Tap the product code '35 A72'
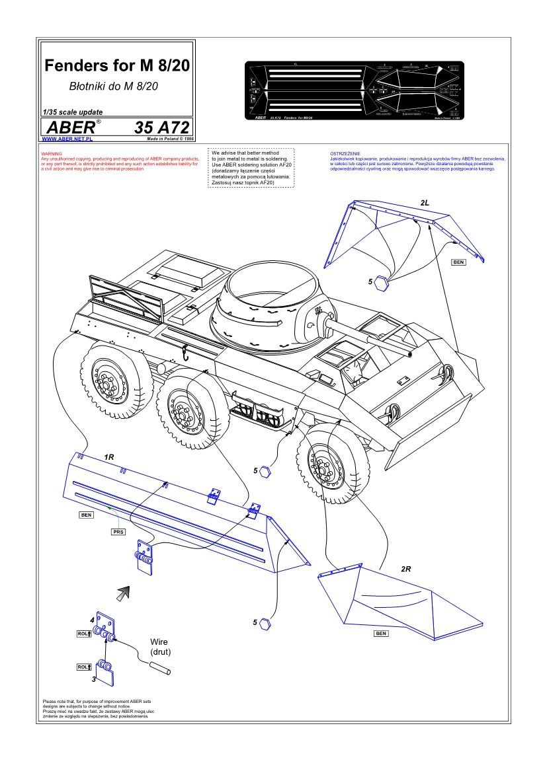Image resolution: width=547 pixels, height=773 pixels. coord(161,128)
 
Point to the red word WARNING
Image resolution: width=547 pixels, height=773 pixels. coord(52,154)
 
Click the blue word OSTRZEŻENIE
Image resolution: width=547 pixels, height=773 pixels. coord(346,154)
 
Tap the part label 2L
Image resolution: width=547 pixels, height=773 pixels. coord(424,202)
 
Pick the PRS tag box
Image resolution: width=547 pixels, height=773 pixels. coord(118,531)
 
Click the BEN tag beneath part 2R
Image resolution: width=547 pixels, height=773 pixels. coord(381,633)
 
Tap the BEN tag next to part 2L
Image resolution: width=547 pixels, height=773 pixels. coord(458,262)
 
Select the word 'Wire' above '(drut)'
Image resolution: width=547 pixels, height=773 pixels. coord(160,642)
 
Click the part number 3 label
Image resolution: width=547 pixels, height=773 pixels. coord(94,679)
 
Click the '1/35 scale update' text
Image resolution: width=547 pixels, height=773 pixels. coord(72,112)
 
